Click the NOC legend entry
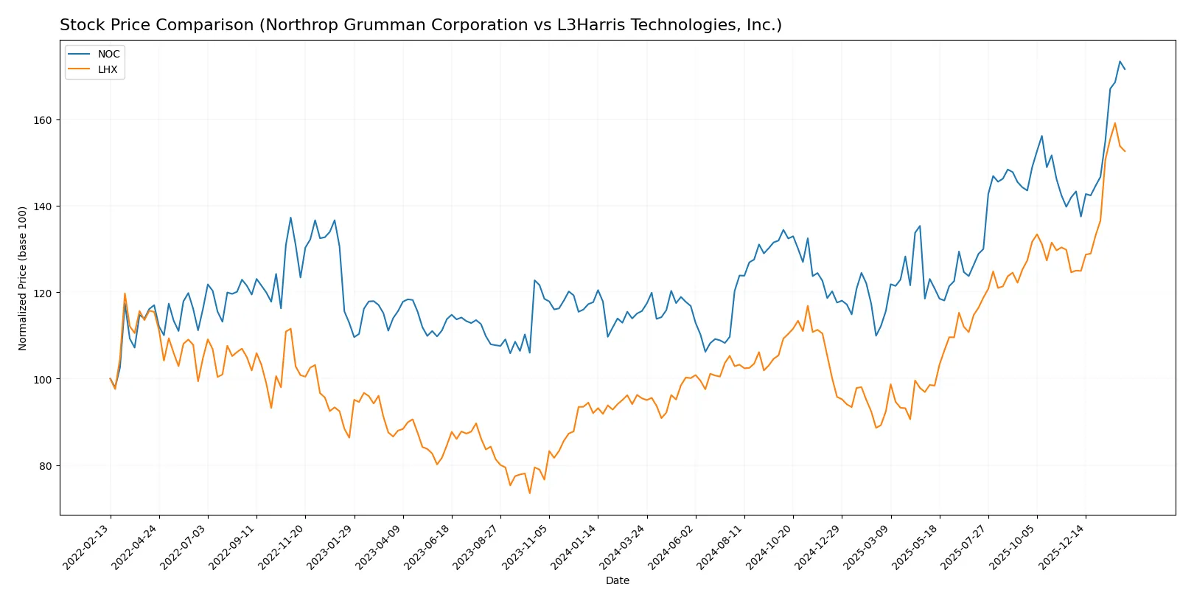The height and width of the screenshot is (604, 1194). pos(108,54)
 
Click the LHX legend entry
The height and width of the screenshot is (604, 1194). pos(108,69)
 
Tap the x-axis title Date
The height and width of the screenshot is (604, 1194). pos(617,580)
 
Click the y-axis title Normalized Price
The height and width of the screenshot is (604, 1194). pos(23,278)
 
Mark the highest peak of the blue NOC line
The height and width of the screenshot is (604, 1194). pos(1120,61)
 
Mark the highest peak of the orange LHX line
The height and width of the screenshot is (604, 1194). pos(1114,123)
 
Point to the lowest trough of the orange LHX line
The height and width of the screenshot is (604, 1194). pos(529,493)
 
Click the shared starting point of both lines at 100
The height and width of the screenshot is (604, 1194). pos(111,379)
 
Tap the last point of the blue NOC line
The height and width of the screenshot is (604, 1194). pos(1125,69)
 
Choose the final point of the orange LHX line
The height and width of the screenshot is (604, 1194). pos(1125,151)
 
